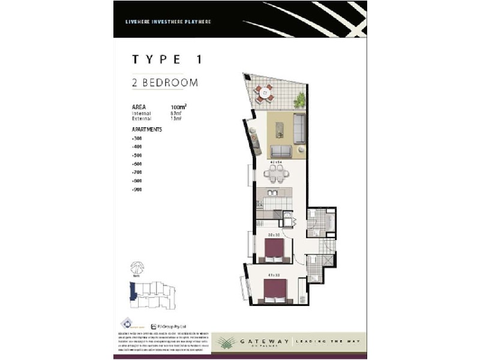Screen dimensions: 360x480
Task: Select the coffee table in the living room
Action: click(x=279, y=130)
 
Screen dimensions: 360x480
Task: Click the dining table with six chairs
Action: click(x=275, y=173)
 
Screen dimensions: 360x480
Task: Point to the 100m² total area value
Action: click(x=178, y=107)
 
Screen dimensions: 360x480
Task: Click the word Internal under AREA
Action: click(x=141, y=113)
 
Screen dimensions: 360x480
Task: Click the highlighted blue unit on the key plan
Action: click(x=133, y=293)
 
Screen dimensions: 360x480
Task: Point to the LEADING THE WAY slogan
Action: click(x=328, y=341)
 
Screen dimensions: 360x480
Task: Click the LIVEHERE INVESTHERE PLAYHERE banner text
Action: click(x=168, y=22)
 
